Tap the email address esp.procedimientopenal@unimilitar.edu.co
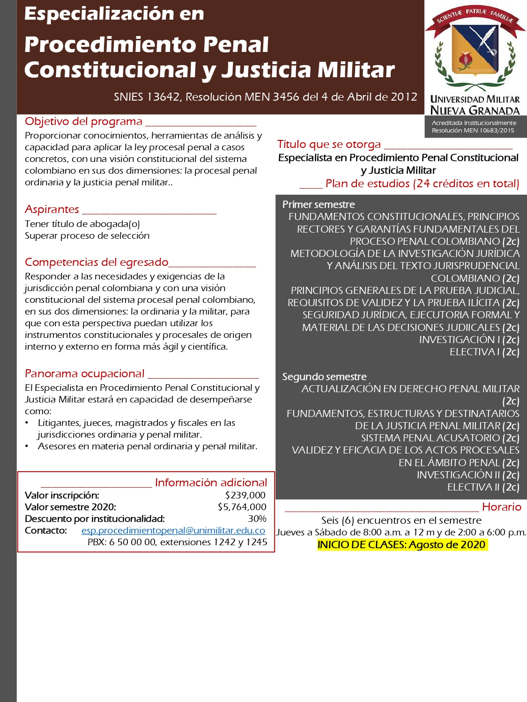click(x=173, y=530)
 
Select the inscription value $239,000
click(x=245, y=495)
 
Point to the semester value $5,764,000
click(x=242, y=507)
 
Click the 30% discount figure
click(x=257, y=519)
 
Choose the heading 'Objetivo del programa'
click(x=83, y=122)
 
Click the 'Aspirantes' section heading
click(x=52, y=209)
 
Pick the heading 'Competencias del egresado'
click(x=96, y=262)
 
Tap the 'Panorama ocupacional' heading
click(x=85, y=373)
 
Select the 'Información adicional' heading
click(x=211, y=483)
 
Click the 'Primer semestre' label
click(x=319, y=205)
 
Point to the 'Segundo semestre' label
click(x=324, y=377)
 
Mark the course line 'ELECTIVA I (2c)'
click(x=484, y=352)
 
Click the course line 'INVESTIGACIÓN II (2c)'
click(x=468, y=475)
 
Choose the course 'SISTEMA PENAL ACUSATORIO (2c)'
click(x=440, y=438)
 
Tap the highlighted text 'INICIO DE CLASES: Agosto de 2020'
click(x=401, y=545)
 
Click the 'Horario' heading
click(x=501, y=507)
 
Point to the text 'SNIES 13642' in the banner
click(x=147, y=97)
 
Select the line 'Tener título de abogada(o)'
click(x=82, y=224)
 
